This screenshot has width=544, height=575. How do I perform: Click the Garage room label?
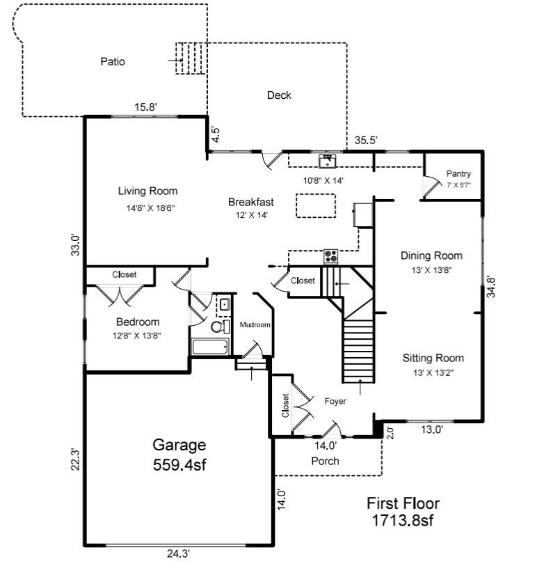(179, 445)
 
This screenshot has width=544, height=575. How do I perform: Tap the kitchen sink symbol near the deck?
(328, 162)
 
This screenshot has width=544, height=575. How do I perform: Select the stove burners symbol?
(331, 257)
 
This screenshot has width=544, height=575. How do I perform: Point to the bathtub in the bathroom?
(209, 347)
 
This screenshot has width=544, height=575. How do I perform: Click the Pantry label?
(458, 174)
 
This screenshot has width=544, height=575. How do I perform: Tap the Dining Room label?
(432, 255)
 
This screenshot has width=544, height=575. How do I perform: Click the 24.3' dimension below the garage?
(178, 554)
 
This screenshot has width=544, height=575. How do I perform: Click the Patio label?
(113, 61)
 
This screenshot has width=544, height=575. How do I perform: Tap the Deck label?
(279, 95)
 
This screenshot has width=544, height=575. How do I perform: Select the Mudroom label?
(255, 325)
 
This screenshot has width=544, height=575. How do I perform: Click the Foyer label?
(335, 402)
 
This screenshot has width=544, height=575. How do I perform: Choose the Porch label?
(325, 461)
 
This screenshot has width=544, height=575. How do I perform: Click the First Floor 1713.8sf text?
(403, 511)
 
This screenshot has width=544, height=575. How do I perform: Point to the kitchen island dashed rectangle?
(315, 205)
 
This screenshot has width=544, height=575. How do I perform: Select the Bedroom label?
(138, 322)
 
